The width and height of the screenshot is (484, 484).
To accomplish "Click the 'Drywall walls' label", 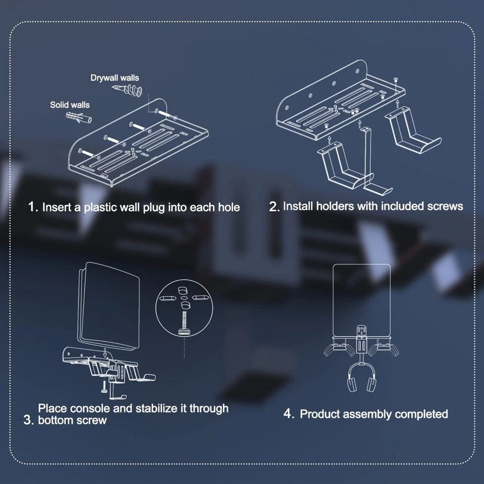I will click(x=114, y=78).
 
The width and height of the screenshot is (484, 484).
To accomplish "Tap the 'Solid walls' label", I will click(x=70, y=105).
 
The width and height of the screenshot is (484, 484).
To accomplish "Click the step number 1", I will click(x=33, y=207).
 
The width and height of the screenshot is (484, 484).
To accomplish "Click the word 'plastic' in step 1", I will click(x=98, y=207).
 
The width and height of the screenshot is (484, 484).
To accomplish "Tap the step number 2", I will click(x=274, y=207).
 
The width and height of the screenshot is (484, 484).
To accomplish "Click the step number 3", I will click(x=28, y=420).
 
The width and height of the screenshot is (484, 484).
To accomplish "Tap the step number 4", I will click(x=288, y=414).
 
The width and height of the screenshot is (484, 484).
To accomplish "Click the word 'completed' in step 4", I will click(x=421, y=414).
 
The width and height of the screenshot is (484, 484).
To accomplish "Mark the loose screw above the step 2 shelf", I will click(x=395, y=80).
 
